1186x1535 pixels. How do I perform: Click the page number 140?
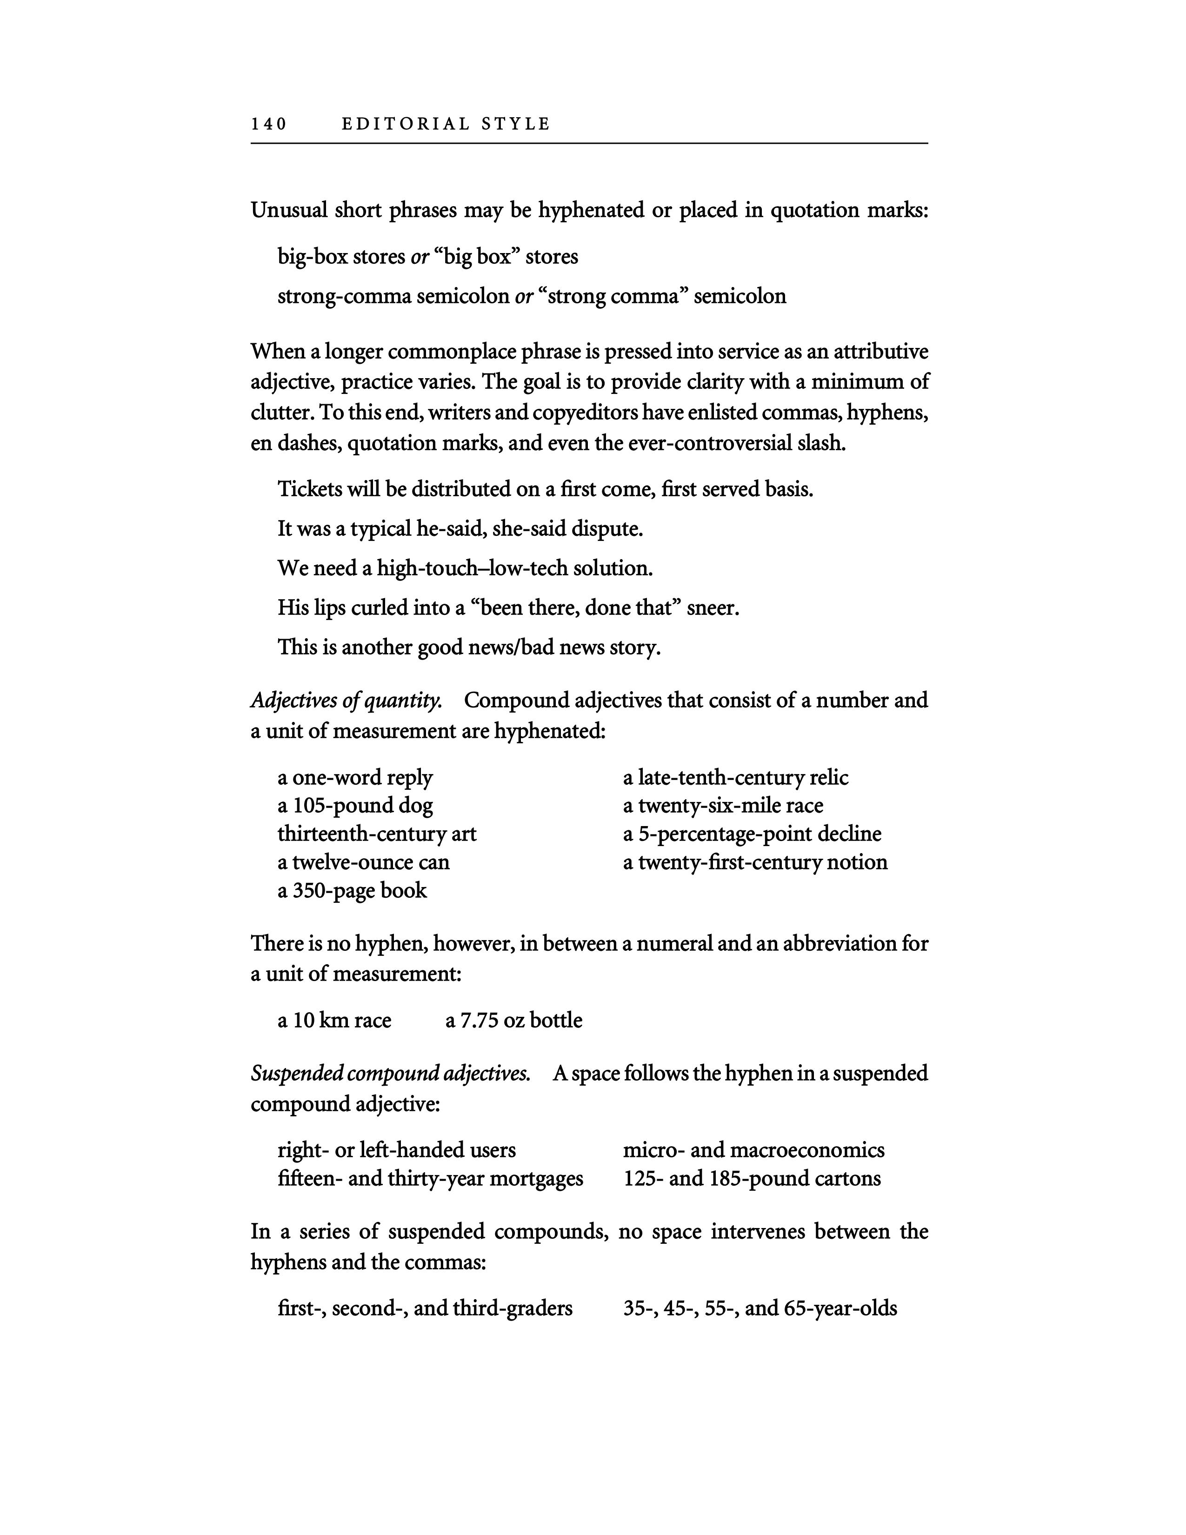coord(269,124)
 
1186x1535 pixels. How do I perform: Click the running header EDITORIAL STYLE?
coord(446,124)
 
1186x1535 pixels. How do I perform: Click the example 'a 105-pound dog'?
coord(355,806)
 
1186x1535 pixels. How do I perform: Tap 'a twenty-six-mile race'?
coord(723,806)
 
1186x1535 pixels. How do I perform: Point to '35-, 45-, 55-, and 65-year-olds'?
coord(760,1308)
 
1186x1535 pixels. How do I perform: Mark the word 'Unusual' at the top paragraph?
coord(289,210)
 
